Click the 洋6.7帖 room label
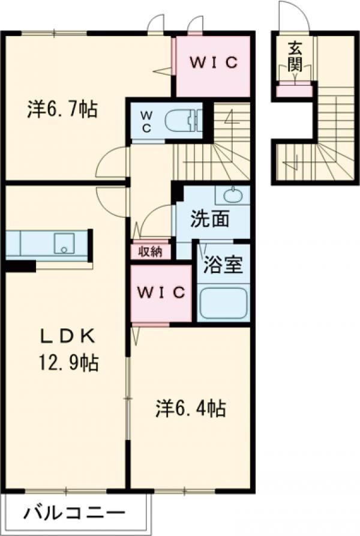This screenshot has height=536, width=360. click(62, 110)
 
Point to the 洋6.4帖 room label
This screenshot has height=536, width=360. click(191, 409)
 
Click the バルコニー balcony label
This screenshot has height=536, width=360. click(75, 514)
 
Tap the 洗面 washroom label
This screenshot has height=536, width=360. click(210, 220)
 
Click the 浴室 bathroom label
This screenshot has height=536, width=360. click(222, 265)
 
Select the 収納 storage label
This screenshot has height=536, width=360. click(151, 251)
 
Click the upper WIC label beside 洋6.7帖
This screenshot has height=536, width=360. click(215, 62)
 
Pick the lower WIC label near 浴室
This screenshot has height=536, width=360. click(161, 292)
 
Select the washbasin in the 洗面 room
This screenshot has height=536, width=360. click(233, 195)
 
